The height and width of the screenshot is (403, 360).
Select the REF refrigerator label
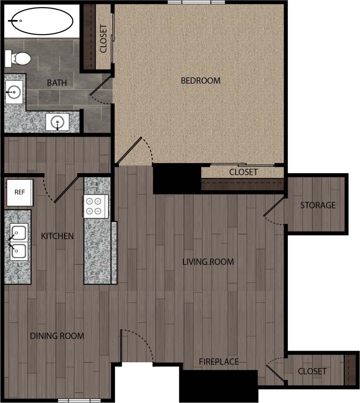click(20, 192)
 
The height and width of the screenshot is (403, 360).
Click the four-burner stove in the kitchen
click(96, 206)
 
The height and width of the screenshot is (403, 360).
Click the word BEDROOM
click(201, 81)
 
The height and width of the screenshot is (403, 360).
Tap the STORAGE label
click(318, 205)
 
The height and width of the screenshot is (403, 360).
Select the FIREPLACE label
click(219, 362)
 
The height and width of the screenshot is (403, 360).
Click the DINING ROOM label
click(57, 336)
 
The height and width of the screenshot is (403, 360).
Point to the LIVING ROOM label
click(208, 262)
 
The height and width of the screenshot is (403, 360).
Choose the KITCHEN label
click(57, 236)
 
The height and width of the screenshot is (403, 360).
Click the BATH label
click(57, 83)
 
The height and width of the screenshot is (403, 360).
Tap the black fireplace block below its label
click(218, 386)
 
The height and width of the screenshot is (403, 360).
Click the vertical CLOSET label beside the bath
click(103, 39)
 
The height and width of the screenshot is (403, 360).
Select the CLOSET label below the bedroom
click(243, 172)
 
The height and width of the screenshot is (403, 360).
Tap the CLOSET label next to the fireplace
click(312, 371)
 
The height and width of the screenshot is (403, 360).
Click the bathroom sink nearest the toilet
click(14, 92)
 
